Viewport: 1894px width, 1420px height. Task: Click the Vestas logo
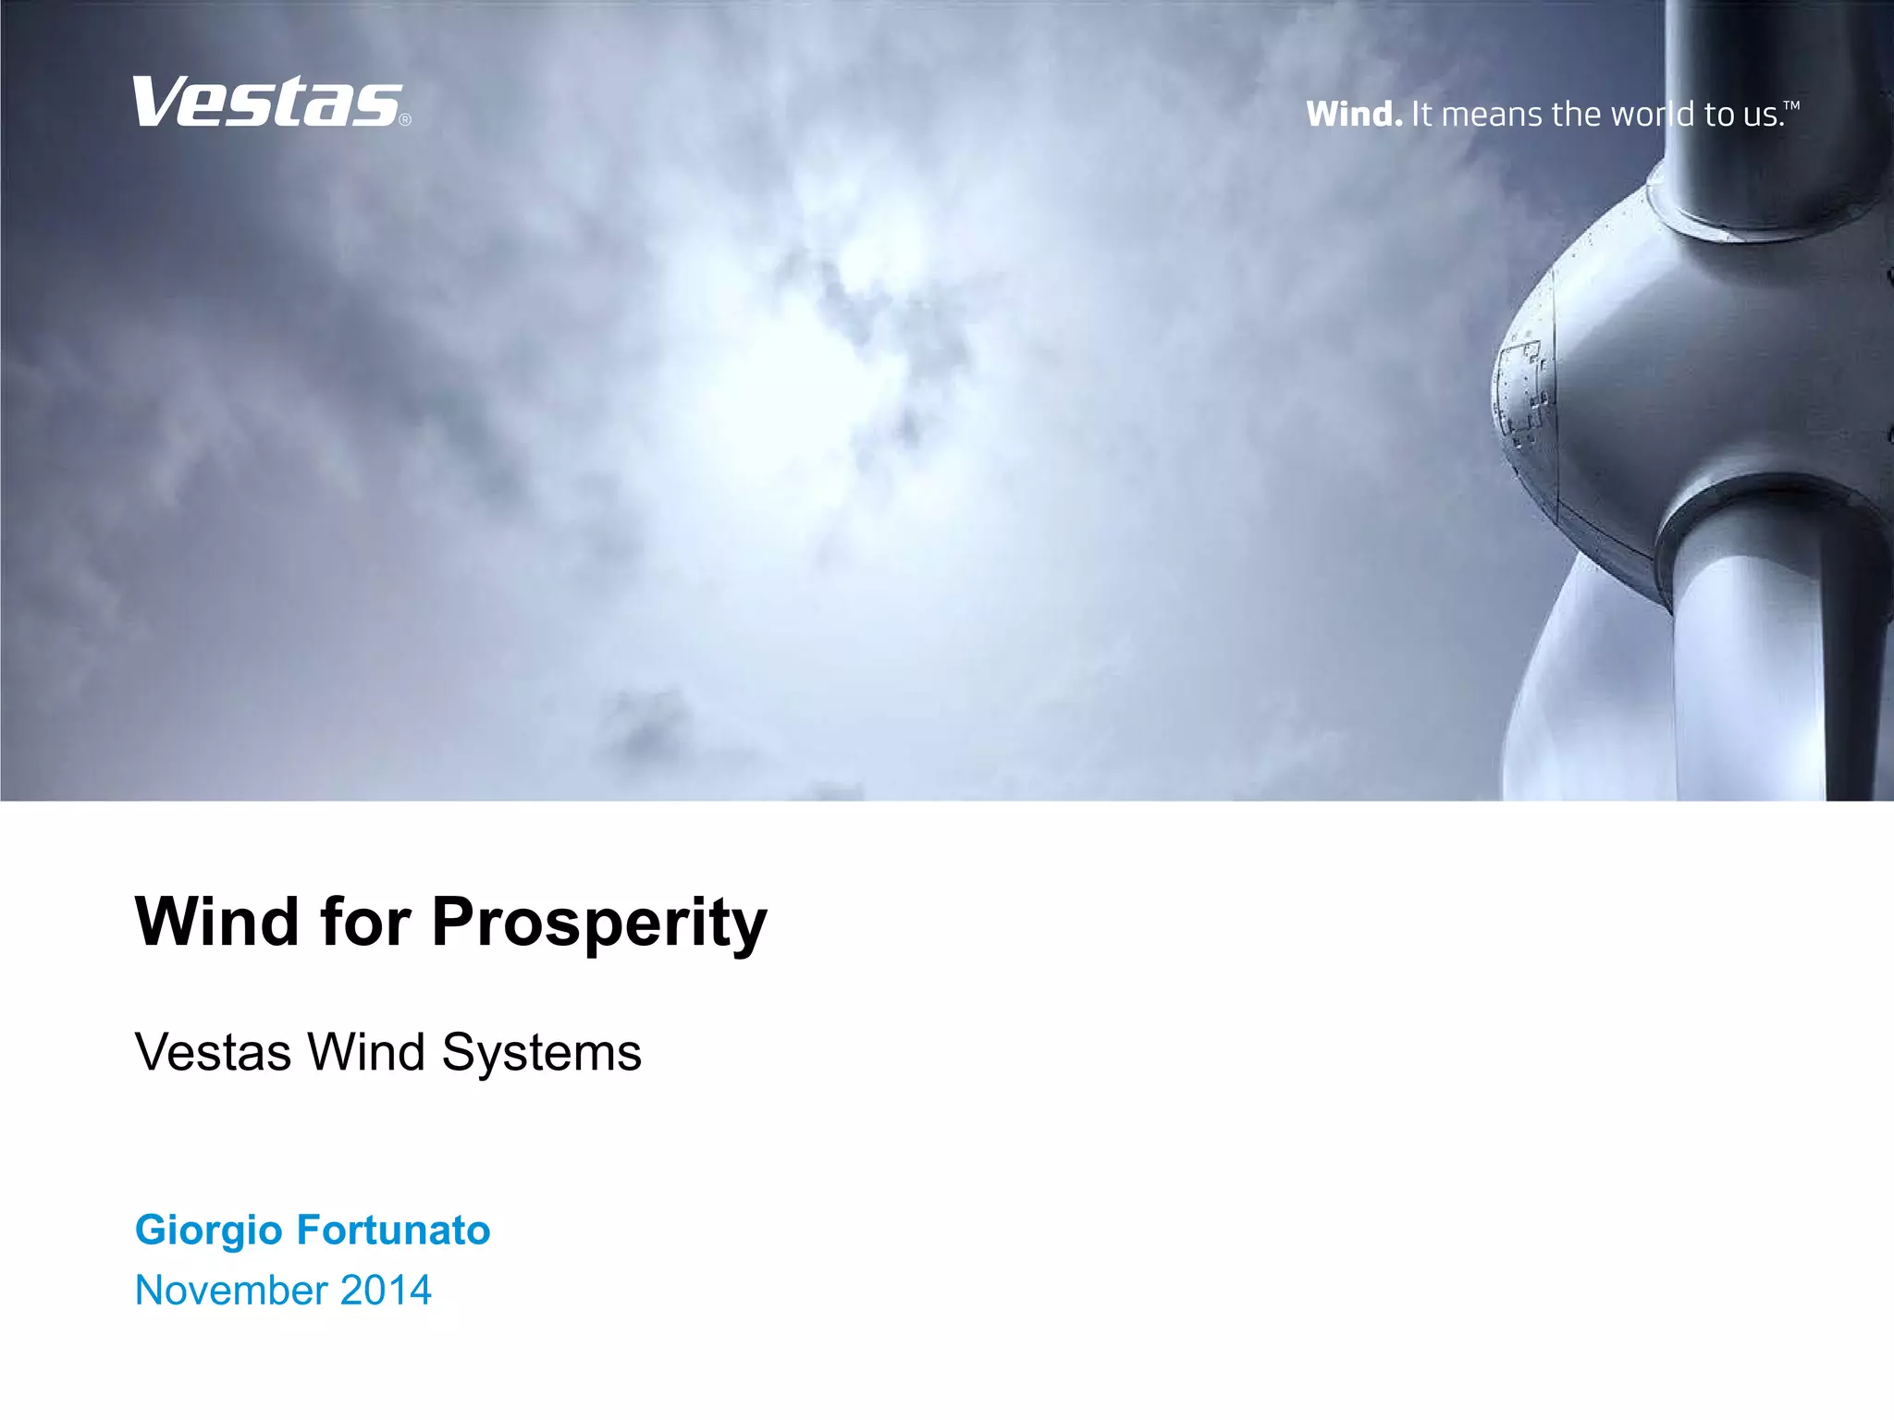tap(266, 102)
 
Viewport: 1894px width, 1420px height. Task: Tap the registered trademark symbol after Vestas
tap(405, 119)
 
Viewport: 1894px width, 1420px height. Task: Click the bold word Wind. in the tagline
tap(1354, 115)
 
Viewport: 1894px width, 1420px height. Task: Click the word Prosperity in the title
tap(599, 923)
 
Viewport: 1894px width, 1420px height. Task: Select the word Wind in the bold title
tap(217, 923)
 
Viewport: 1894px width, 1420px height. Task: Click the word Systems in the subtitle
tap(541, 1052)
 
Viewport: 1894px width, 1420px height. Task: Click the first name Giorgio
tap(209, 1230)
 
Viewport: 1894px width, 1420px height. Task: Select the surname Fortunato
tap(393, 1230)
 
